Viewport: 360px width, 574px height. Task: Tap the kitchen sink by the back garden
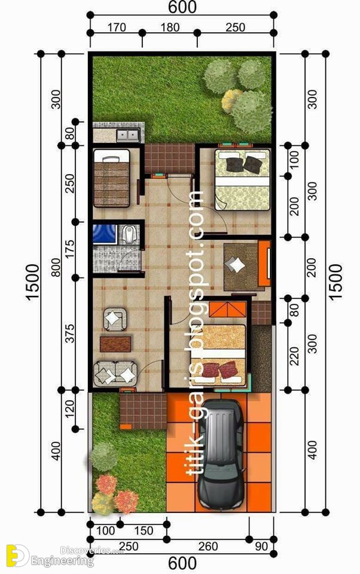point(127,136)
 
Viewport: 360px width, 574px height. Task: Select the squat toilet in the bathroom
point(129,234)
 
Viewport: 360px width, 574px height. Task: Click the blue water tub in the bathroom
point(105,234)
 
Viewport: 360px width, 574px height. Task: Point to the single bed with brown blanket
point(112,178)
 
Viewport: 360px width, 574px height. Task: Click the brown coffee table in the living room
point(115,344)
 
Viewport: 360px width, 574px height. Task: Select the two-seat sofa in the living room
point(115,373)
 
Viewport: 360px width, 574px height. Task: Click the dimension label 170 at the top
point(117,27)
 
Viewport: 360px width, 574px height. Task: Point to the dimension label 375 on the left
point(70,333)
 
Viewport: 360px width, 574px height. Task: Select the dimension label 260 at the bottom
point(208,546)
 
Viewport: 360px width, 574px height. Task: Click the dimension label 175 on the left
point(70,249)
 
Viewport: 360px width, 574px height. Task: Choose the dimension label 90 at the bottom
point(261,546)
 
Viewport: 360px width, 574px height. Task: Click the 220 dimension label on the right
point(294,356)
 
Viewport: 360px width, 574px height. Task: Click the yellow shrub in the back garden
point(231,100)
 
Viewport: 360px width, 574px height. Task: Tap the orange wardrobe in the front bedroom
point(227,309)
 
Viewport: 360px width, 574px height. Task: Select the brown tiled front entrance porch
point(143,411)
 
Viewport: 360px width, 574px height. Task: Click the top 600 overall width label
point(182,7)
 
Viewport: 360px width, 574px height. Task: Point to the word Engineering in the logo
point(62,560)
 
